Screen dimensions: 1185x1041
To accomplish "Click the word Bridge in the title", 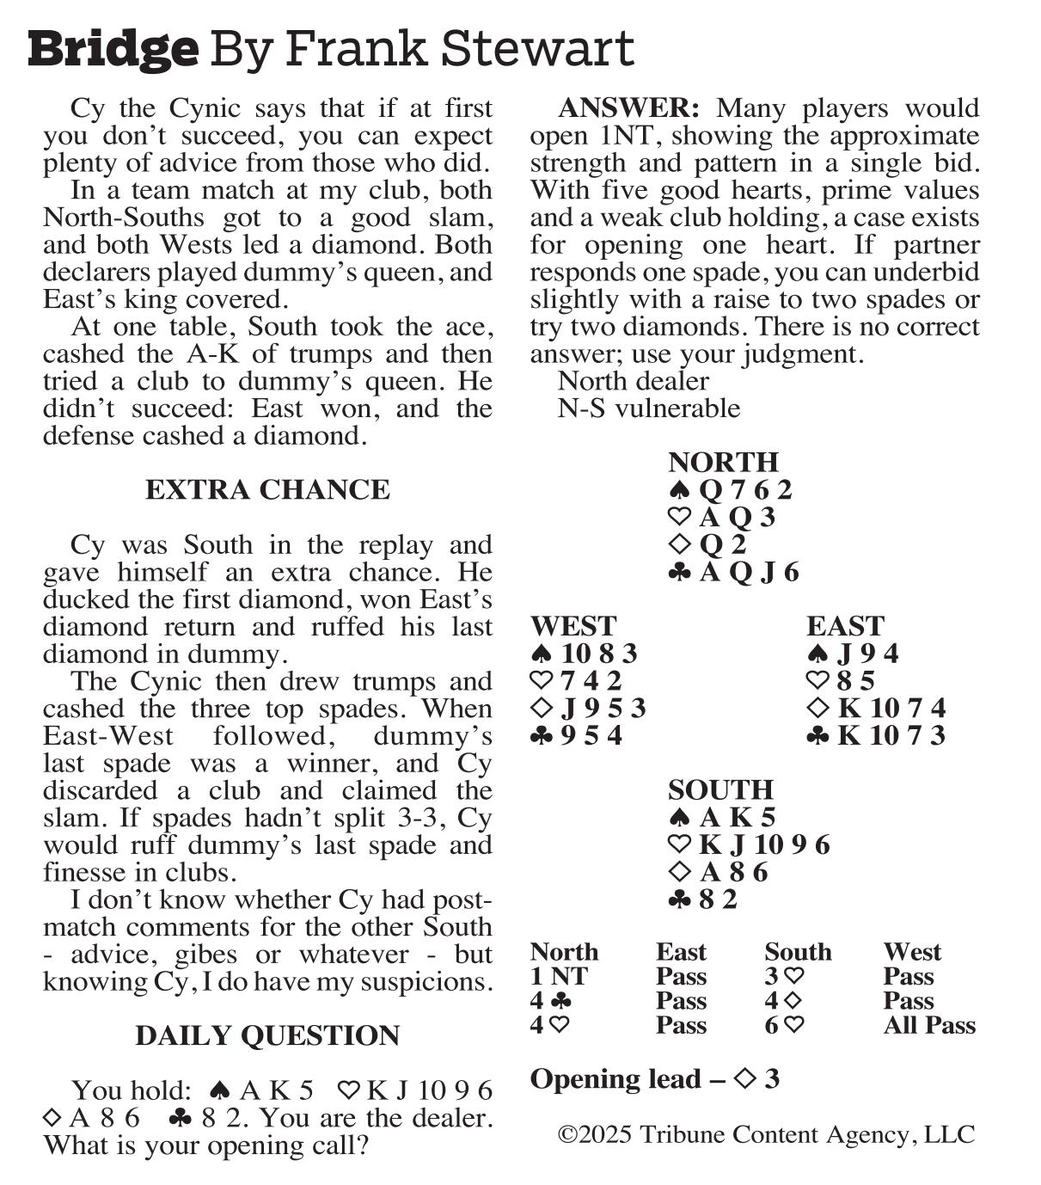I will point(113,49).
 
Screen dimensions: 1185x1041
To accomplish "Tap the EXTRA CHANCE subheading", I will point(267,490).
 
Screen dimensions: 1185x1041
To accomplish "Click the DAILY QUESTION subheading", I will point(267,1035).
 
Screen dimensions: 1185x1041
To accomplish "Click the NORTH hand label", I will point(723,462).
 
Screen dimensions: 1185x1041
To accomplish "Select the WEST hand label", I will point(573,626).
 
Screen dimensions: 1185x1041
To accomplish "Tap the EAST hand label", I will point(845,626).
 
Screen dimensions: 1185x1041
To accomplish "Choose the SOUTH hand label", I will point(720,789).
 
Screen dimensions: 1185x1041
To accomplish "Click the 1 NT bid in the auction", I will point(559,977).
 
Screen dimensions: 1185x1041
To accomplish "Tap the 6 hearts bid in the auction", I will point(784,1025).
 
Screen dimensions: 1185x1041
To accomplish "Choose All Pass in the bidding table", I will point(928,1025).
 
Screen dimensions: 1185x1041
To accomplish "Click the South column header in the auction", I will point(798,952).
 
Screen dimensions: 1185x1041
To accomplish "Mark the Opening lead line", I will point(654,1079).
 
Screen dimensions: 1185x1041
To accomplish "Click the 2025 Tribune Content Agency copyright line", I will point(766,1135).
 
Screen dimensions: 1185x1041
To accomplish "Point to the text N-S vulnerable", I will point(648,408).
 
